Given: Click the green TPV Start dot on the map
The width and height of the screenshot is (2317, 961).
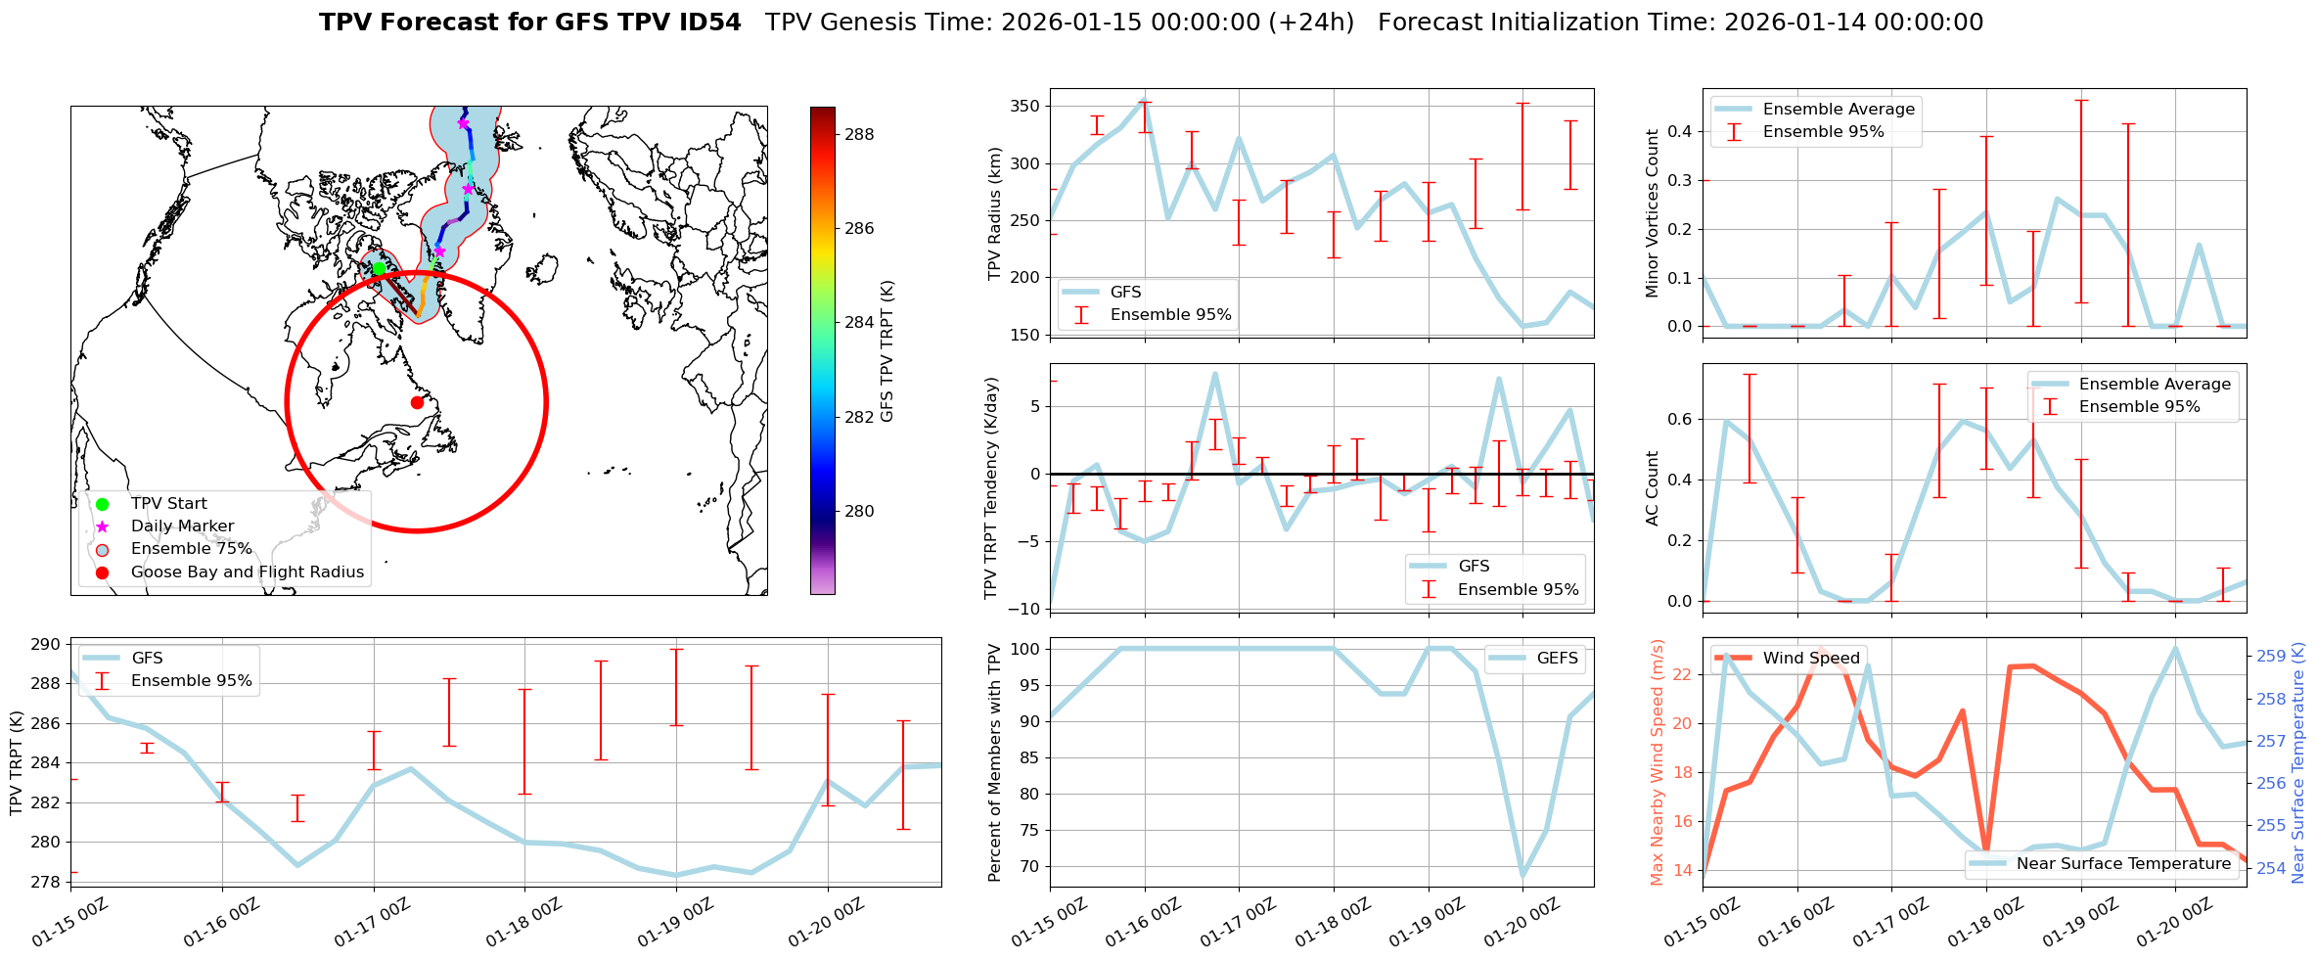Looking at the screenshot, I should click(379, 268).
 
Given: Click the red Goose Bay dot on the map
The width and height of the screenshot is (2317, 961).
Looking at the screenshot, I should click(417, 402).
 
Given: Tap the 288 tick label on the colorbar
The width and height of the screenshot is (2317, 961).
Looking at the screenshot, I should click(859, 134).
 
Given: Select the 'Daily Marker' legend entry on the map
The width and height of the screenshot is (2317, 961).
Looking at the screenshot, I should click(182, 526).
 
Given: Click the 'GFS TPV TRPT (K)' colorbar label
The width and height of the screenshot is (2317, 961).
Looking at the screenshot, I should click(887, 351).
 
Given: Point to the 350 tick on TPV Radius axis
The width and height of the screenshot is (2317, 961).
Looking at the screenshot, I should click(1025, 106).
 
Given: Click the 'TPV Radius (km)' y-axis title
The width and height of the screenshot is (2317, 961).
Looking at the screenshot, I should click(995, 213).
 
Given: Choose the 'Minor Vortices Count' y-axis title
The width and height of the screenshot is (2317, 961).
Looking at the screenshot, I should click(1653, 213).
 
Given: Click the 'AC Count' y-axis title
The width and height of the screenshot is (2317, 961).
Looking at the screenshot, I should click(1653, 488).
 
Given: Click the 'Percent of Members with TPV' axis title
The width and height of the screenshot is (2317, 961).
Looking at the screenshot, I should click(995, 762).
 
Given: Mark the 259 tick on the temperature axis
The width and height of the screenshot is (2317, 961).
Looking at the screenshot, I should click(2271, 656).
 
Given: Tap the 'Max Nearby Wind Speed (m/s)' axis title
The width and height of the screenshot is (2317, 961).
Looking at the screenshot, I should click(1657, 762).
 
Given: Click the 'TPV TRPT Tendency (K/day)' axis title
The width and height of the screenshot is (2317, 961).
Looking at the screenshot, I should click(991, 488).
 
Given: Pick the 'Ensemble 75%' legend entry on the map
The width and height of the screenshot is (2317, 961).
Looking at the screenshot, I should click(191, 549).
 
